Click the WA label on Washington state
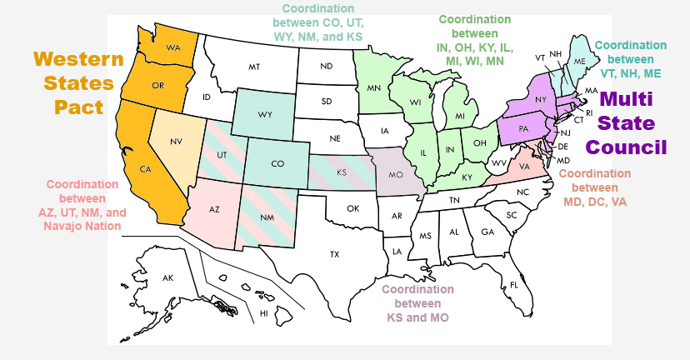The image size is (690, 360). tap(173, 47)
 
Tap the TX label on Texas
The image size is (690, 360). tap(334, 253)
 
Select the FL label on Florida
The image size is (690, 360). tap(514, 285)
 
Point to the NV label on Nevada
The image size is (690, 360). tap(176, 142)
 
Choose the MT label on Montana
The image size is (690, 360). tap(254, 67)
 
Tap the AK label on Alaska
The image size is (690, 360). tap(167, 277)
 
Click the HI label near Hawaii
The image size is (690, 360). tap(263, 313)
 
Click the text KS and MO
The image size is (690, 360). tap(417, 317)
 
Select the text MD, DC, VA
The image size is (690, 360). tap(594, 201)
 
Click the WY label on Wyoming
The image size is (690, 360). tap(265, 114)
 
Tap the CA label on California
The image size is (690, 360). tap(145, 169)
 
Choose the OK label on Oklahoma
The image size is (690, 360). tap(352, 207)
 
